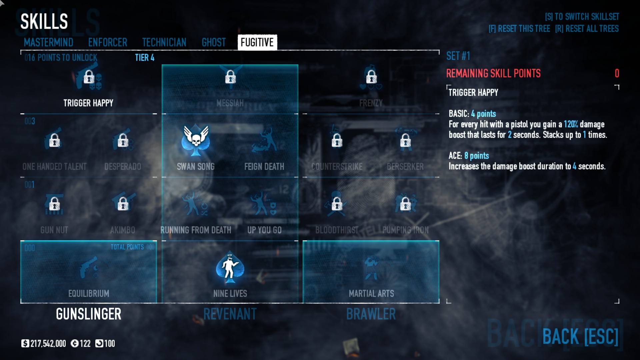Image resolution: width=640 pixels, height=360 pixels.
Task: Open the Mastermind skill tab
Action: pos(48,42)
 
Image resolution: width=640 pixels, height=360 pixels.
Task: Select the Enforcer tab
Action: pos(108,42)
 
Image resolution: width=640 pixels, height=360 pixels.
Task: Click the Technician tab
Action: pos(164,42)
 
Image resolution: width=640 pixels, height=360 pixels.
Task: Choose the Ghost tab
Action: pos(214,42)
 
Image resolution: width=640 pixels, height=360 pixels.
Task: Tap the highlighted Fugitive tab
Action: pos(257,42)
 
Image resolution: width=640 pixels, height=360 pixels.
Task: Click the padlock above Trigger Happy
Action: pos(89,77)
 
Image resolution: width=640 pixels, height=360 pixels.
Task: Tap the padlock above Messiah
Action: pos(230,77)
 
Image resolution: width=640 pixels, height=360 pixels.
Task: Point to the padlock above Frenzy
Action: pos(371,77)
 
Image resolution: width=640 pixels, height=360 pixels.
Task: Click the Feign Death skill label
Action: pos(264,166)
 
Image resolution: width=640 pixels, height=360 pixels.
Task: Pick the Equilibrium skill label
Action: pos(89,293)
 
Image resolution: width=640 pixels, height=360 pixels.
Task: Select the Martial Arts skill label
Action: pos(371,293)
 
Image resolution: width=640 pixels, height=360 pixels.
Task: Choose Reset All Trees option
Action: pos(587,29)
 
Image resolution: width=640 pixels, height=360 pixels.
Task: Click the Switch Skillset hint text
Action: pos(582,17)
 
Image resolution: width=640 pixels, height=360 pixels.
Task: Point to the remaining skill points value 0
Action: pos(617,73)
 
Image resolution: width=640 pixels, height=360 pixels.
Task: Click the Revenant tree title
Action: pos(230,314)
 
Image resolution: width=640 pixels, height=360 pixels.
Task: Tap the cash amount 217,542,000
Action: pos(48,344)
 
